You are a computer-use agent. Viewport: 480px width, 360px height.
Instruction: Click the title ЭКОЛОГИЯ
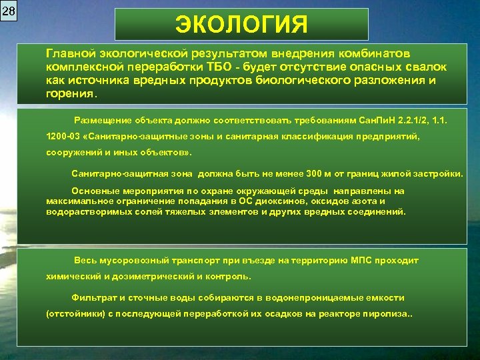(x=241, y=25)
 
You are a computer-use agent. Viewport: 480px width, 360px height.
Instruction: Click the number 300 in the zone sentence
(x=314, y=174)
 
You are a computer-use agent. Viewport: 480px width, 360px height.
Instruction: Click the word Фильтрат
(x=91, y=298)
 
